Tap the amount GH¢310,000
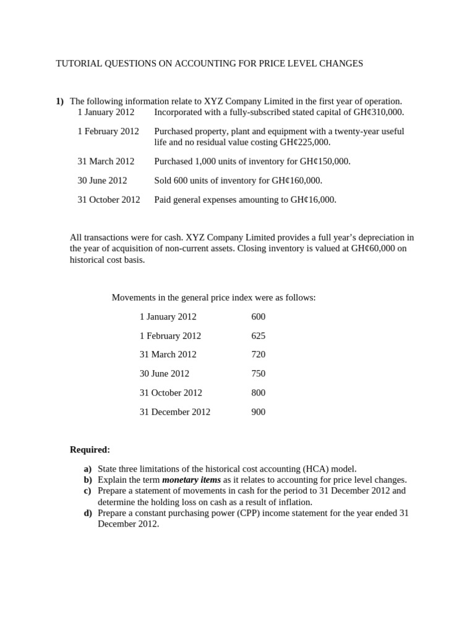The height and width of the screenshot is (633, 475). coord(374,112)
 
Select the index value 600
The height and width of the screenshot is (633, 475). coord(259,316)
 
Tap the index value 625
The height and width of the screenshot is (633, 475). coord(259,336)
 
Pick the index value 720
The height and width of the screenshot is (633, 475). coord(259,354)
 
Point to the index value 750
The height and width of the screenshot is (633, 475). coord(259,373)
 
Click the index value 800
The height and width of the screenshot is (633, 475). coord(259,393)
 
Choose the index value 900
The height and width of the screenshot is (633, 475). coord(259,412)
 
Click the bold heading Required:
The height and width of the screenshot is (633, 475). coord(90,449)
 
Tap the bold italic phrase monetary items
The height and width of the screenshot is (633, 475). coord(191,480)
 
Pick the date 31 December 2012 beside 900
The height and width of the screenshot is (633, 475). coord(175,412)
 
